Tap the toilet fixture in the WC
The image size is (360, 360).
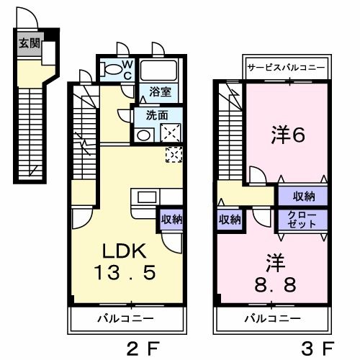click(113, 71)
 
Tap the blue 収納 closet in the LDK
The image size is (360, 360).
click(171, 219)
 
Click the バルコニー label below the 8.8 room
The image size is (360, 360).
click(271, 317)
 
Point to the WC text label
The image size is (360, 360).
click(127, 70)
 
